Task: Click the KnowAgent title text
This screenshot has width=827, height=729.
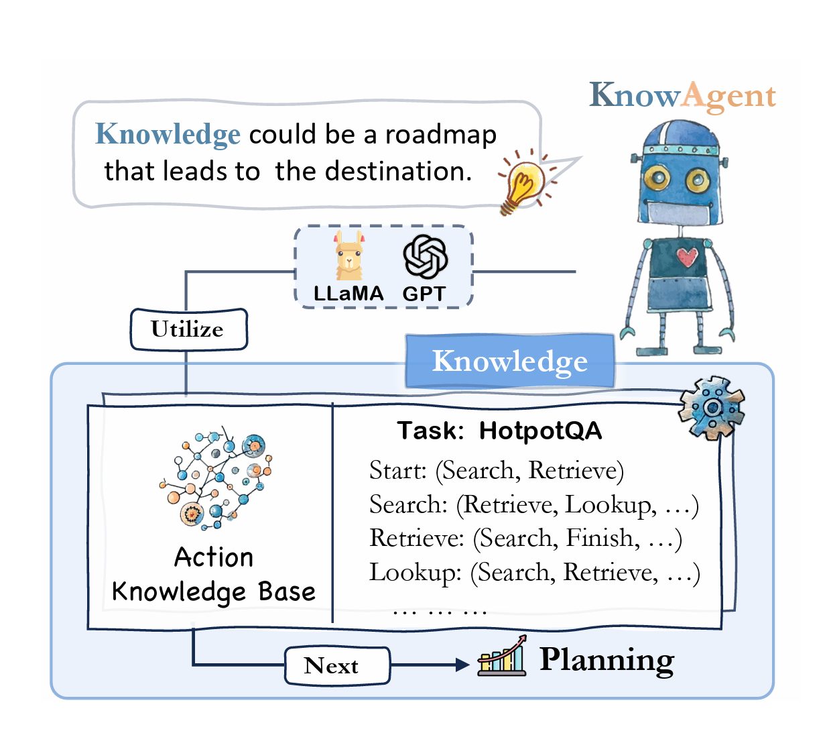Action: [x=682, y=96]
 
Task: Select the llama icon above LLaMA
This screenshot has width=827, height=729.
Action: [x=349, y=256]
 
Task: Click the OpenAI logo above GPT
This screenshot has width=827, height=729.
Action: [x=425, y=257]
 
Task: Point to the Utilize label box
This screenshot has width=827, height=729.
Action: [x=188, y=329]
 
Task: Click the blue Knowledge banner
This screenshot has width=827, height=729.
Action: [x=509, y=361]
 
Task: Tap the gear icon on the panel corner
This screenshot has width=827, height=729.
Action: [x=711, y=407]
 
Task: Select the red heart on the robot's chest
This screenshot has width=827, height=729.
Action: [x=687, y=256]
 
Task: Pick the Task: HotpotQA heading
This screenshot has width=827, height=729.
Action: [x=499, y=431]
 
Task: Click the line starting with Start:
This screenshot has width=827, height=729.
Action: [x=496, y=470]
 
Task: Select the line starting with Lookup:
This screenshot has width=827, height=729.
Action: [x=534, y=572]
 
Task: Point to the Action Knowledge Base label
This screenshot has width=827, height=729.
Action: [x=213, y=575]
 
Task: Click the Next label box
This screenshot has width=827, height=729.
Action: [x=337, y=665]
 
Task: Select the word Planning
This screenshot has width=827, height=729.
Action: [x=607, y=660]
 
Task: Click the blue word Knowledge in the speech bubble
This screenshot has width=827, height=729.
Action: [x=168, y=134]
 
